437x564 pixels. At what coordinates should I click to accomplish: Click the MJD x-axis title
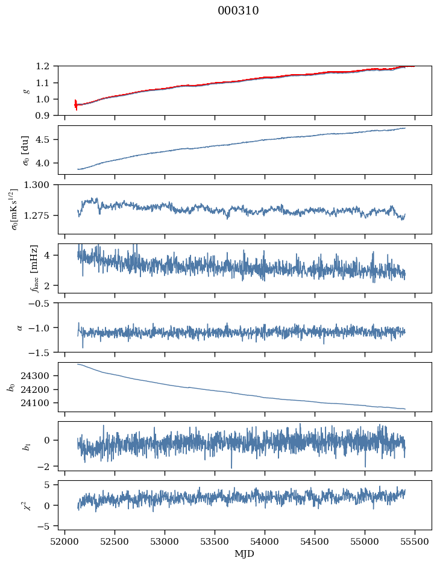coord(245,554)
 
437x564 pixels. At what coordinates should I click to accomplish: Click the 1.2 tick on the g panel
coord(46,66)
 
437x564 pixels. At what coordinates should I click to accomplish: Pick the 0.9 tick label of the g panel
coord(46,116)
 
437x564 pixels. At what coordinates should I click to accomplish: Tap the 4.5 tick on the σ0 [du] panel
coord(46,140)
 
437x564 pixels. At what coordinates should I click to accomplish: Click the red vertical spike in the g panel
coord(75,105)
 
